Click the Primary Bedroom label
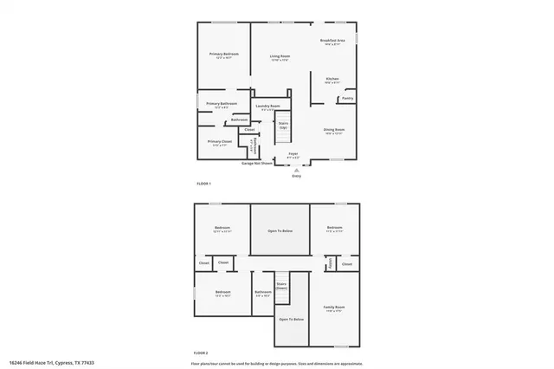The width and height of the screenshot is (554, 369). coord(224,55)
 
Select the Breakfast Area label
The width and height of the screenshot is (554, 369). coord(332,42)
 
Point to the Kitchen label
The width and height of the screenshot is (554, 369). coord(332,80)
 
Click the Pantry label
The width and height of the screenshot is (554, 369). coord(346,98)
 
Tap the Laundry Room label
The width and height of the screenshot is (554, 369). coord(267,107)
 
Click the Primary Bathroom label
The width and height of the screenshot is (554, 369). coord(222,104)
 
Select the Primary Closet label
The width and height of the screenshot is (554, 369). coord(220,142)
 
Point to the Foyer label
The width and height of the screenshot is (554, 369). coord(293,155)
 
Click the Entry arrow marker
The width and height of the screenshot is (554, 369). coord(296,171)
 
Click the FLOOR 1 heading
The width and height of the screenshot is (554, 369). coord(203,184)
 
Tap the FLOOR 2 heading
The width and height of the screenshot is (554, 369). coord(202,353)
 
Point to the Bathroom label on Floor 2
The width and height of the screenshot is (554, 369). coord(263,293)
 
